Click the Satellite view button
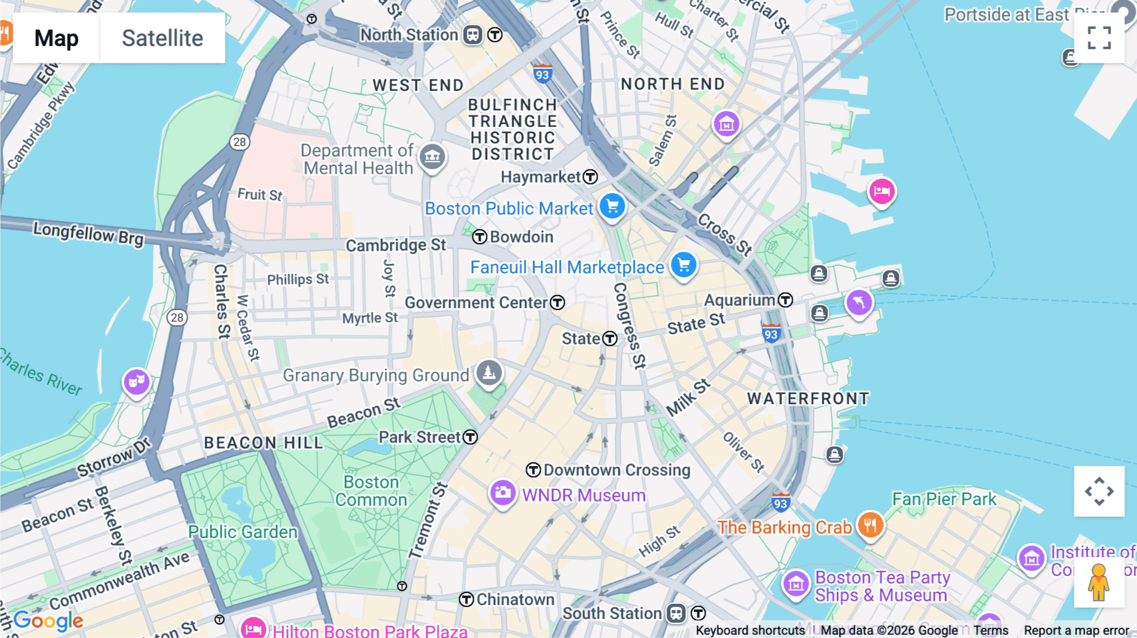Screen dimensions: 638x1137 click(162, 38)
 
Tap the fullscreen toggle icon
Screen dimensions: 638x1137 click(1099, 38)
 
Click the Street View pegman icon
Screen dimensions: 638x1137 click(1098, 582)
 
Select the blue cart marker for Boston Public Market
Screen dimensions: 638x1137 click(612, 206)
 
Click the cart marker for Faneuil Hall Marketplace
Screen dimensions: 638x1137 click(683, 265)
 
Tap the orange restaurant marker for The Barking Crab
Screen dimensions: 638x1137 click(870, 525)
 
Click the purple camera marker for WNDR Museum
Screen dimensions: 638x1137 click(503, 493)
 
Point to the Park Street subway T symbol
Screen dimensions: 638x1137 click(471, 437)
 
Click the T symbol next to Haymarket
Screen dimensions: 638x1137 click(590, 177)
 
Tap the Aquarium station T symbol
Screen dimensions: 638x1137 click(785, 300)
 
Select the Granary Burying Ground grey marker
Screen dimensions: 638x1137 click(489, 373)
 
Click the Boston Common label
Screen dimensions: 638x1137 click(371, 491)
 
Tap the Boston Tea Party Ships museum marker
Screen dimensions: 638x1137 click(796, 584)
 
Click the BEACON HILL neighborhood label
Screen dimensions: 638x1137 click(263, 443)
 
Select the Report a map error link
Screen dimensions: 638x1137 click(1076, 630)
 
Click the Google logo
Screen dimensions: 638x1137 click(49, 620)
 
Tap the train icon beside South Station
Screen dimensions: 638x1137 click(677, 613)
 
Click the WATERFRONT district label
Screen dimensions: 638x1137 click(808, 399)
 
